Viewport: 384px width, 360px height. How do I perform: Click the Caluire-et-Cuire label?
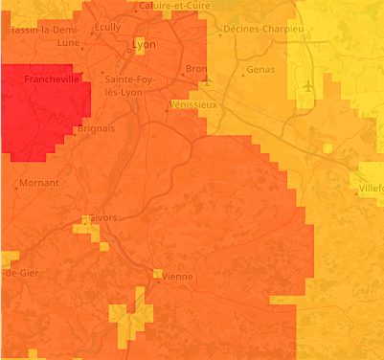[175, 6]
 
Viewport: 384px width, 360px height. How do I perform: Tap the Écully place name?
[107, 27]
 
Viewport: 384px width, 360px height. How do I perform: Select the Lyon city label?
[144, 44]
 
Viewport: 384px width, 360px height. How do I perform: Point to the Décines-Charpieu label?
[262, 30]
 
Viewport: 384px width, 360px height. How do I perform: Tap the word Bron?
[195, 69]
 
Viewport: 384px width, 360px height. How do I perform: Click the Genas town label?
[260, 70]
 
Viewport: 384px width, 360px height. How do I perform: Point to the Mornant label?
[38, 182]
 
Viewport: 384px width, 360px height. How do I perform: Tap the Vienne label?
[177, 277]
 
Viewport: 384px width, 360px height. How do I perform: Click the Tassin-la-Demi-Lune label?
[43, 35]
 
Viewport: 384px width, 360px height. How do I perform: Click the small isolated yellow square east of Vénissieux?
[328, 148]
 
